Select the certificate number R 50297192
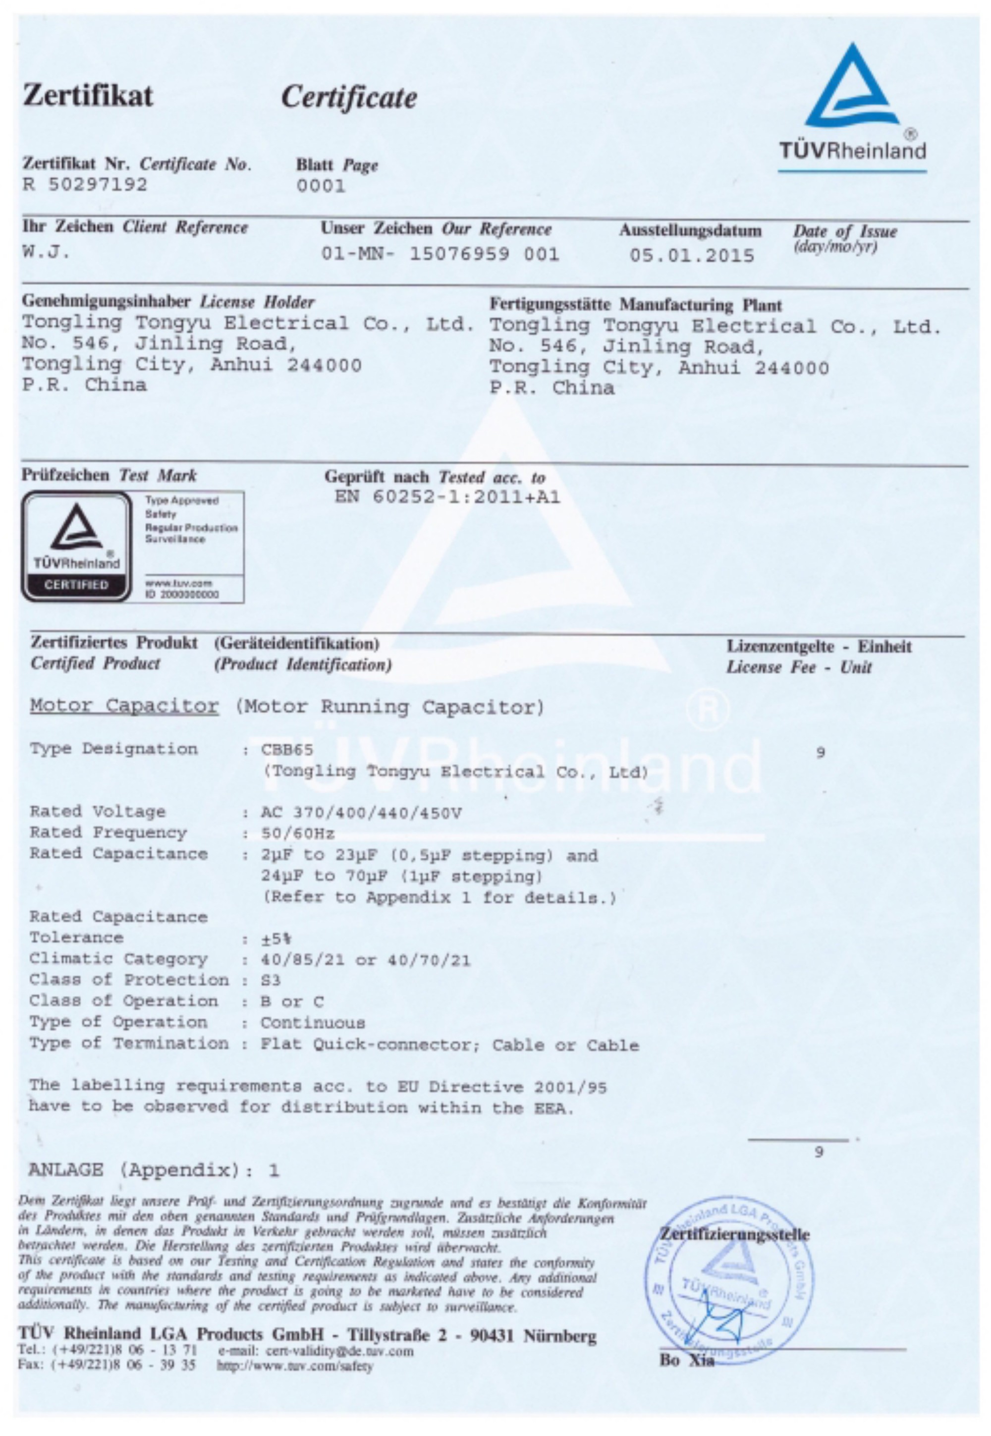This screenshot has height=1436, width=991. coord(85,184)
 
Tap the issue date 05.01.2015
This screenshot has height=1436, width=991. coord(692,255)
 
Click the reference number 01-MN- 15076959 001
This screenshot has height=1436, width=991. coord(440,254)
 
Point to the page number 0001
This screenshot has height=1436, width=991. coord(321,186)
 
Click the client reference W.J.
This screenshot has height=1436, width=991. coord(46,252)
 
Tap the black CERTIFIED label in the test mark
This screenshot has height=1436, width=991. coord(76,584)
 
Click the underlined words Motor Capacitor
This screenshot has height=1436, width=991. coord(124,706)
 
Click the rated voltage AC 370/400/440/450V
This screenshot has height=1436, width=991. coord(361,813)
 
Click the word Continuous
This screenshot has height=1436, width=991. coord(312,1023)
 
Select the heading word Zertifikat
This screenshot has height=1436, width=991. coord(88,96)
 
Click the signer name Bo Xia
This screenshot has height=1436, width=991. coord(687,1360)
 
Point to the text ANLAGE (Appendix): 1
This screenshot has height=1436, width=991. coord(154,1170)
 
